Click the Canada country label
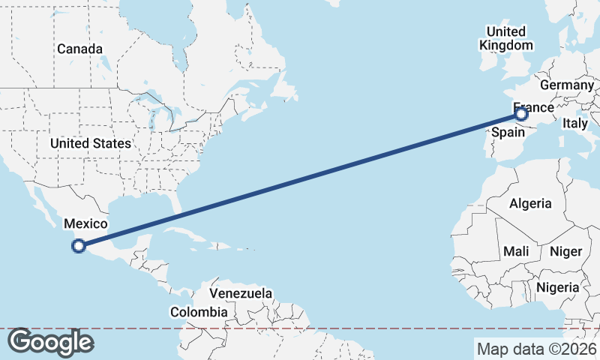[79, 49]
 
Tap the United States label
[91, 143]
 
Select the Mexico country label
[85, 223]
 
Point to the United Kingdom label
[506, 37]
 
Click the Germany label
[566, 85]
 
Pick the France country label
[534, 108]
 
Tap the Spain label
[506, 132]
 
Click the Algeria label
[530, 203]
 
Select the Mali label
[516, 250]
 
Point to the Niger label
[565, 251]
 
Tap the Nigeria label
[556, 287]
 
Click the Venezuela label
[241, 293]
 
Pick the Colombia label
[199, 312]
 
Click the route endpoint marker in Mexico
[78, 244]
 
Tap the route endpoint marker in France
[522, 114]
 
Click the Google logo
[50, 342]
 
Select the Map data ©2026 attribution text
[537, 349]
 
